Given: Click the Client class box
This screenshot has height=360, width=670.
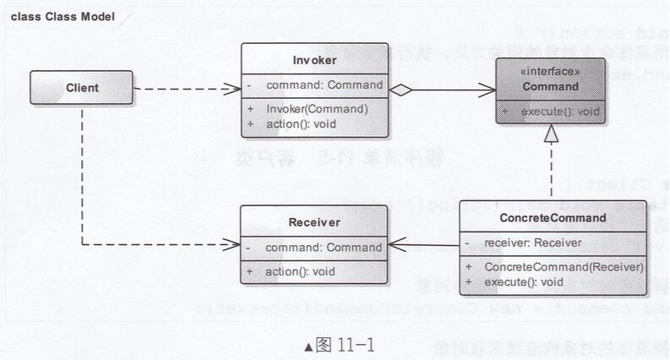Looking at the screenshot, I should [82, 87].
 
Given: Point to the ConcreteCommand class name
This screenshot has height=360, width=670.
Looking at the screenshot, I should [553, 218].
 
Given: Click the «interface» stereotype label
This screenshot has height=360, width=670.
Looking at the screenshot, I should [550, 73].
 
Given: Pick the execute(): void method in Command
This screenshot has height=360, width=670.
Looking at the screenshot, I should [559, 111].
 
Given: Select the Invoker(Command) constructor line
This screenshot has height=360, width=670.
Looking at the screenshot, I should [317, 109].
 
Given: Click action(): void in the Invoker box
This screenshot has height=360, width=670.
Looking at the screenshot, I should [301, 123].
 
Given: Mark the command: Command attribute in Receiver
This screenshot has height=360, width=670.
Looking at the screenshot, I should [324, 248].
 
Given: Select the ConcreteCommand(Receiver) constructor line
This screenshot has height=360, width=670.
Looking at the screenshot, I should [564, 267].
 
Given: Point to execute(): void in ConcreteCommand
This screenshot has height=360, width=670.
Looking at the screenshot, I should [524, 281].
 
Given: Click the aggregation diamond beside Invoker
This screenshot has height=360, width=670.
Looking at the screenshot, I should [400, 87].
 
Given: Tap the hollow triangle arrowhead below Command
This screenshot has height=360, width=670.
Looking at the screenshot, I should [551, 134].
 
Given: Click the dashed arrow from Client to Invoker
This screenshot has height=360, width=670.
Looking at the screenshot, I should [186, 87].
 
